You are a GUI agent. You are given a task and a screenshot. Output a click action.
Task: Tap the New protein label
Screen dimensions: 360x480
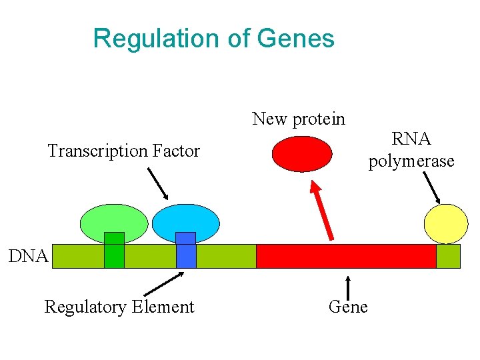click(x=299, y=119)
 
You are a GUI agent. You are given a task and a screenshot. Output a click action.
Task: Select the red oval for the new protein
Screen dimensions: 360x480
click(x=302, y=154)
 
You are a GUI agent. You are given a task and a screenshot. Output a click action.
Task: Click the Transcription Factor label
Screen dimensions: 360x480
click(x=123, y=151)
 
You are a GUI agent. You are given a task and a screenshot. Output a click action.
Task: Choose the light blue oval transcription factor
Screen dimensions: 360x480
click(x=185, y=221)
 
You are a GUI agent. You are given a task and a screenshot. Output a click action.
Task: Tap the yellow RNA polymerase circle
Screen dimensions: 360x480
click(x=447, y=223)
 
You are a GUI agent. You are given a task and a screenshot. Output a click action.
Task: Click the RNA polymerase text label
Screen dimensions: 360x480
click(x=411, y=150)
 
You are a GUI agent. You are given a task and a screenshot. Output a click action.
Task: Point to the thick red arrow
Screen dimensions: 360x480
click(x=322, y=211)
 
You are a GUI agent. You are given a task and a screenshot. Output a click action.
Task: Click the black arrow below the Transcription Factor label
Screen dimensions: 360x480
click(x=157, y=183)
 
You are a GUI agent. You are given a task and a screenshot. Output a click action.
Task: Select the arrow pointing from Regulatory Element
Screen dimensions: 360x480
click(x=163, y=284)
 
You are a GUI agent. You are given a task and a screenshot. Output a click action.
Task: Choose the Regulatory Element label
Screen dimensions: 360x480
click(x=119, y=307)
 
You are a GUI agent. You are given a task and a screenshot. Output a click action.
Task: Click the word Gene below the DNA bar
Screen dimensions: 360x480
click(x=348, y=307)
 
